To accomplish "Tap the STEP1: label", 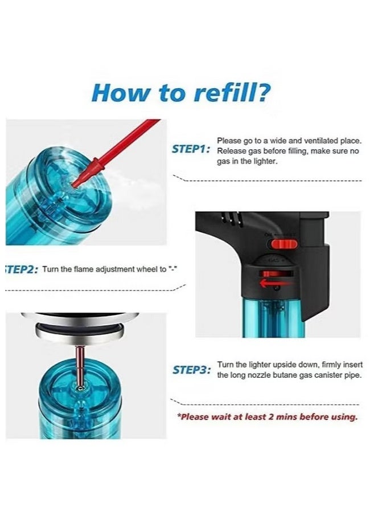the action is click(x=191, y=149).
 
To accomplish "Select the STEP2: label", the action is click(x=22, y=269).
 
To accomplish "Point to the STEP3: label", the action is click(x=192, y=370).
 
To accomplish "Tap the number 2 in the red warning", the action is click(x=271, y=417).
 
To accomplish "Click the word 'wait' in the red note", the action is click(x=221, y=417).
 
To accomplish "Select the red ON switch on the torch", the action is click(x=284, y=244).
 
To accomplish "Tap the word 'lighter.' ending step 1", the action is click(x=264, y=162).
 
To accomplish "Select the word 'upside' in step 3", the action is click(x=285, y=365).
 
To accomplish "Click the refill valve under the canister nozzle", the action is click(x=80, y=388).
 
